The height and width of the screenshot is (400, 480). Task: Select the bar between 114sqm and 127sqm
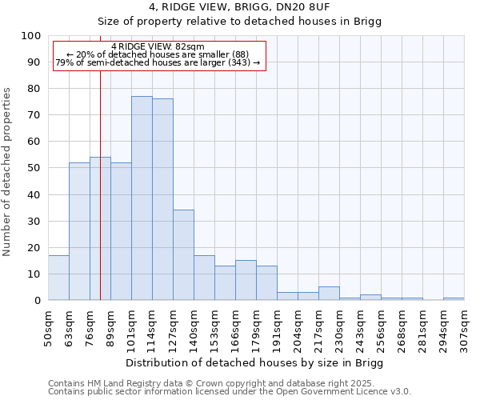[162, 200]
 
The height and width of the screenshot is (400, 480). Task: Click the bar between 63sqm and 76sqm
[79, 231]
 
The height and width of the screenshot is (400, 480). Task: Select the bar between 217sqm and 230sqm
[329, 294]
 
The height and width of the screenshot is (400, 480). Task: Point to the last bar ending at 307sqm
[454, 298]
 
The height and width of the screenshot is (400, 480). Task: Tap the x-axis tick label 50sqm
[48, 328]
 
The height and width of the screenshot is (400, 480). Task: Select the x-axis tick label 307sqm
[464, 328]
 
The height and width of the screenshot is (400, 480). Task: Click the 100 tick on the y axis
[31, 36]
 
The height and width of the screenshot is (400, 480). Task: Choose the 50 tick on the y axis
[34, 168]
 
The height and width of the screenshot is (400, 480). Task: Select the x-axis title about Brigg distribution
[254, 363]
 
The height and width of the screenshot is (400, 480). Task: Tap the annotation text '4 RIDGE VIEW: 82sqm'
[158, 46]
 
